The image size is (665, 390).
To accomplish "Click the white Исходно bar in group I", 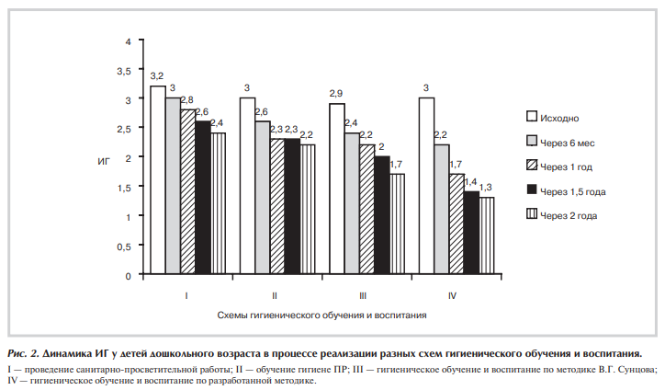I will [158, 180].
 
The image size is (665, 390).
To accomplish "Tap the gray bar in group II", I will [263, 198].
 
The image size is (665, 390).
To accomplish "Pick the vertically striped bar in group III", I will [397, 224].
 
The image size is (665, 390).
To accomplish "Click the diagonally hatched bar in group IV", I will [456, 224].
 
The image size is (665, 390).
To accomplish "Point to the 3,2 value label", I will [157, 75].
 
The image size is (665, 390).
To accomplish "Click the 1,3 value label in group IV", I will [486, 188].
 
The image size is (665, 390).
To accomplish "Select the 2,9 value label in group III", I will [337, 94].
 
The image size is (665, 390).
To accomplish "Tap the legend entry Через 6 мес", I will [569, 142].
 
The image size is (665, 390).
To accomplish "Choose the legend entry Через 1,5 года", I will [573, 190].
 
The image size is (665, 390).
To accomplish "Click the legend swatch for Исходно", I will [532, 118].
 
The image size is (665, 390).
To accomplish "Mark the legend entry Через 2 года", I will [569, 215].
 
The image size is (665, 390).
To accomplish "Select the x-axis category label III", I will [363, 295].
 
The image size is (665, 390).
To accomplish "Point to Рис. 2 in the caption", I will [24, 353].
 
